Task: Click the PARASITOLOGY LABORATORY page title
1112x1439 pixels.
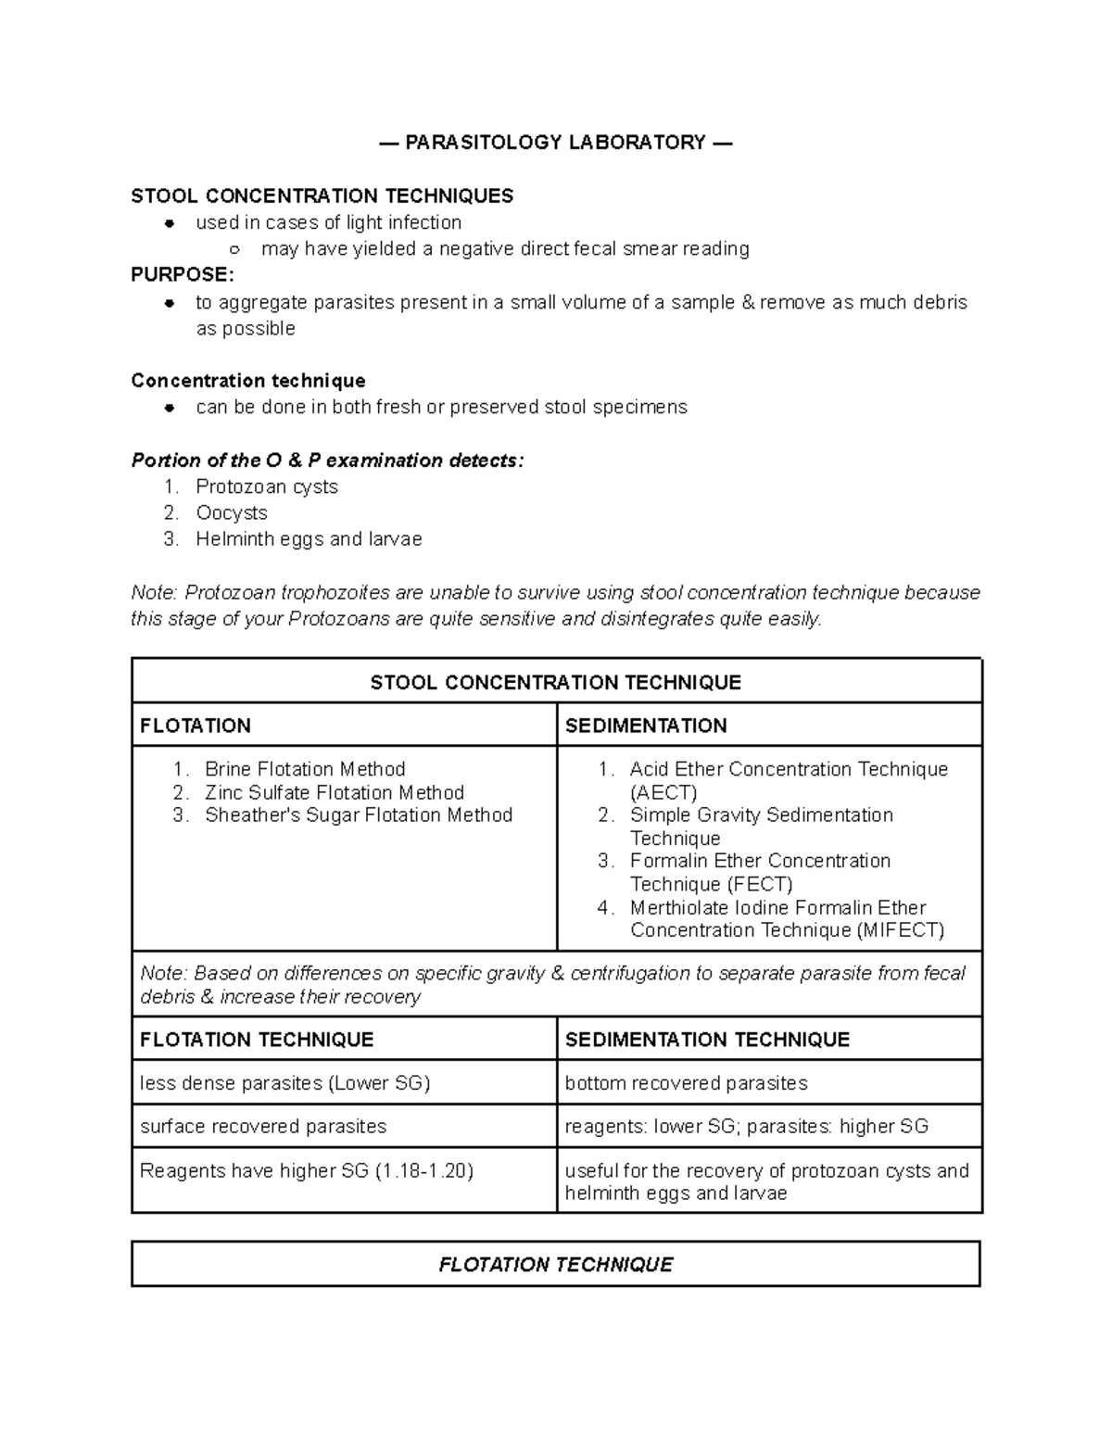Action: pos(555,143)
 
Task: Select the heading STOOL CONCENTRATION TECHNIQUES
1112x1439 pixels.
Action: pos(322,196)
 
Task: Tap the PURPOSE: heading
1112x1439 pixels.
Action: pos(183,275)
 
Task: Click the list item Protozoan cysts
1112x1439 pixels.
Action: pos(267,487)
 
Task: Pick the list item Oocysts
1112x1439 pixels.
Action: pos(232,513)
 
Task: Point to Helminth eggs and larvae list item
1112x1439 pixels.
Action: pos(309,539)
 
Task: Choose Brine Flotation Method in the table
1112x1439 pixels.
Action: pos(305,770)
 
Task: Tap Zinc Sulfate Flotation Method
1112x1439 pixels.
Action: pos(334,793)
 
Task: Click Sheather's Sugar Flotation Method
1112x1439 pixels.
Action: pos(358,815)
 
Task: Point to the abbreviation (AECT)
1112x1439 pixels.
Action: pos(663,793)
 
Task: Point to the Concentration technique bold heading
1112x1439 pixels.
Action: pos(247,382)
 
